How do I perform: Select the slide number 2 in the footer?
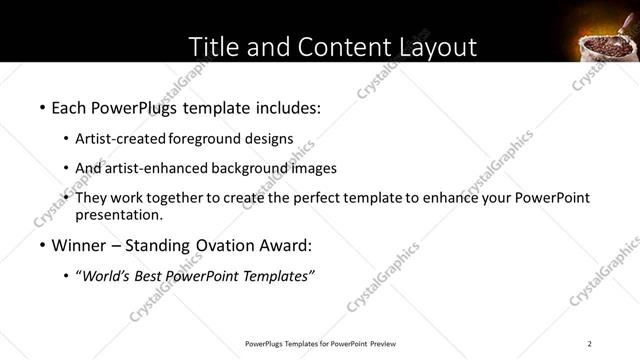pos(590,344)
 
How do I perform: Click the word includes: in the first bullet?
pos(285,105)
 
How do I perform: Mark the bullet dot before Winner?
pos(42,246)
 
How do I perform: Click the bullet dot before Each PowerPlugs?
pos(42,106)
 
